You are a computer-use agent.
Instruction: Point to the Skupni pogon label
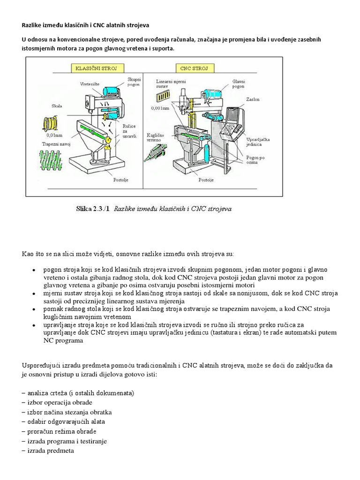tap(135, 83)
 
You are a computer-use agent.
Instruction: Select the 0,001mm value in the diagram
tap(160, 108)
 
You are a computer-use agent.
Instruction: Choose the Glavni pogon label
tap(240, 84)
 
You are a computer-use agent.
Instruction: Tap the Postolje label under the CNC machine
tap(208, 179)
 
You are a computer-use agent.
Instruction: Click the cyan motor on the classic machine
tap(112, 93)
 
